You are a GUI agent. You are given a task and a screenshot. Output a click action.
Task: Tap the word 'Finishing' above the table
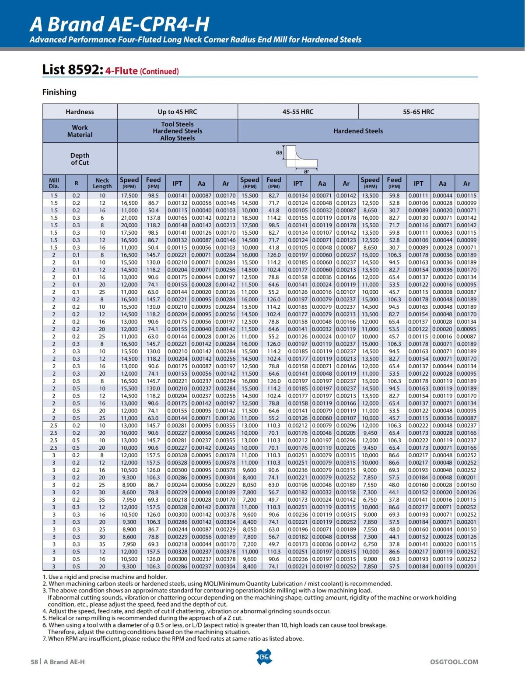click(x=59, y=92)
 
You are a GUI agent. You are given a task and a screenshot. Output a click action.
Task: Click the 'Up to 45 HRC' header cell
click(x=177, y=112)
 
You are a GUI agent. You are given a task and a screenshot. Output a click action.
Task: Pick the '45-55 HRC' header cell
click(x=298, y=112)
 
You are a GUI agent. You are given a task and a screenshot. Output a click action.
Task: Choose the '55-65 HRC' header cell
click(x=418, y=112)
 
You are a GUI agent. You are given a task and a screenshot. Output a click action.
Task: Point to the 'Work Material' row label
click(x=80, y=131)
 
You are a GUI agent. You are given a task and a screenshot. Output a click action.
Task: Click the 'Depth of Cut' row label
click(x=80, y=159)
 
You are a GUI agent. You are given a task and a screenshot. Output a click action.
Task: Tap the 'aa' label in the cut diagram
click(x=279, y=152)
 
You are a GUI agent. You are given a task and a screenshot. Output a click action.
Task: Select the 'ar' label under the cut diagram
click(x=307, y=171)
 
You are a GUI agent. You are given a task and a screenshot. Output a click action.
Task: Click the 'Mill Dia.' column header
click(x=54, y=183)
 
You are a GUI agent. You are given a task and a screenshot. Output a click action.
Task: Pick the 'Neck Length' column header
click(x=102, y=183)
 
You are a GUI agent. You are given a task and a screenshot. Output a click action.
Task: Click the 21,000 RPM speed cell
click(x=129, y=218)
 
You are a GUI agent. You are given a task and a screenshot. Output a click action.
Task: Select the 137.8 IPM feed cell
click(x=153, y=218)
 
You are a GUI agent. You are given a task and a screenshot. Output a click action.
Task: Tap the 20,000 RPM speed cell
click(x=129, y=225)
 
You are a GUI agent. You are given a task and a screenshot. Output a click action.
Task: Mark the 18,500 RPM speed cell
click(x=249, y=218)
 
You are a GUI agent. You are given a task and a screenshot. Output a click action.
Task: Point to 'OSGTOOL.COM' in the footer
click(x=454, y=662)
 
